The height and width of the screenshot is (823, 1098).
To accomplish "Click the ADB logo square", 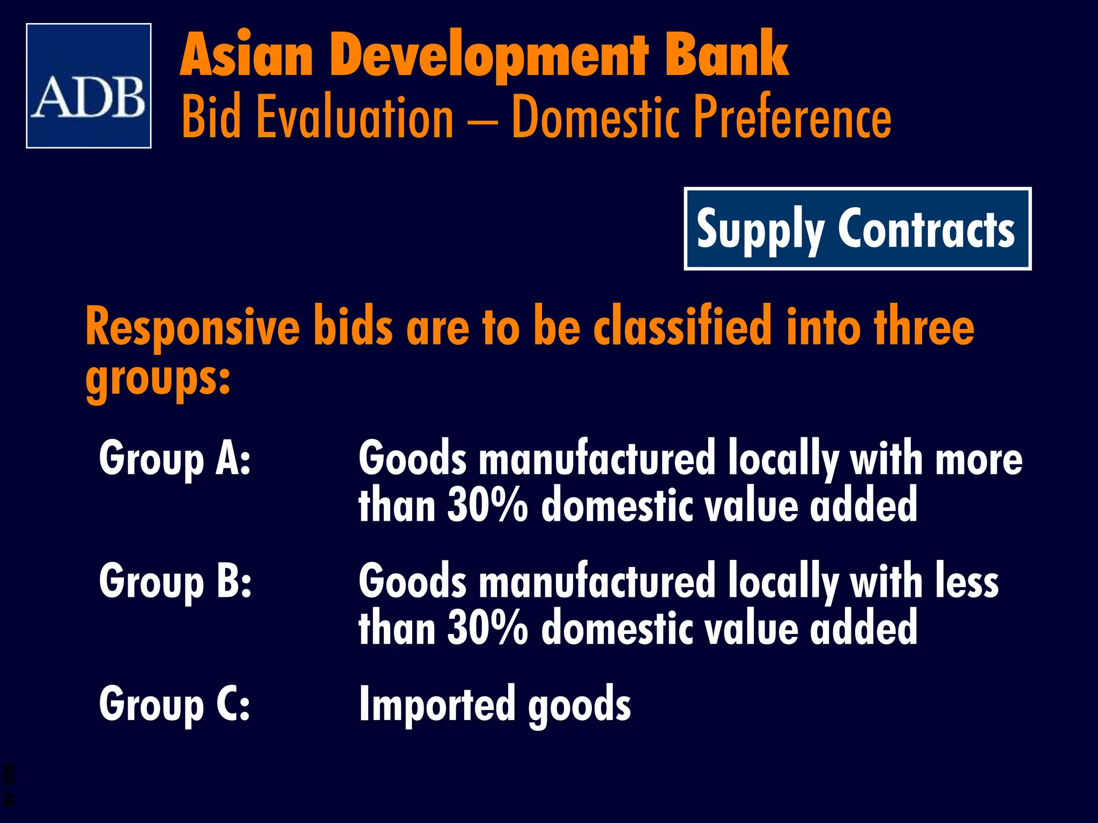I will pyautogui.click(x=88, y=86).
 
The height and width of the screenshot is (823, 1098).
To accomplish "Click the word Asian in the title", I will pyautogui.click(x=247, y=55).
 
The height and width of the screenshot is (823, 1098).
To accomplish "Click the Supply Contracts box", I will pyautogui.click(x=857, y=229).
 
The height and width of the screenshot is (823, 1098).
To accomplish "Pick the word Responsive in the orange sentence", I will pyautogui.click(x=193, y=328).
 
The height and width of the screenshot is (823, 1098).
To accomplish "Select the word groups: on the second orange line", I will pyautogui.click(x=158, y=378).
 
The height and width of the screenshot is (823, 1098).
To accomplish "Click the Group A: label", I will pyautogui.click(x=175, y=458).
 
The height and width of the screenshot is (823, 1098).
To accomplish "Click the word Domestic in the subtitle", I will pyautogui.click(x=596, y=117).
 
